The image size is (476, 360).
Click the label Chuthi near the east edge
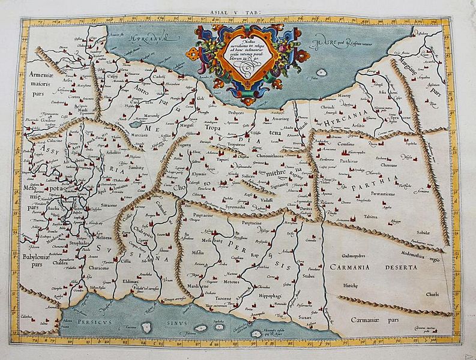(432, 294)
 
